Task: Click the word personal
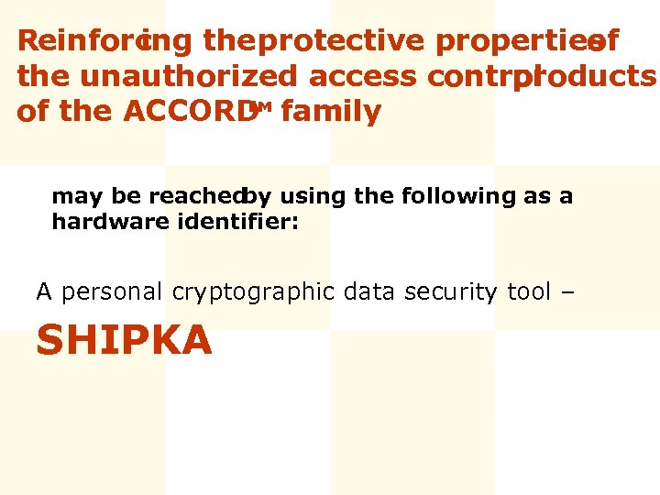coord(110,292)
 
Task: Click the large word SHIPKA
coord(124,341)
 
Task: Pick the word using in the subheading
coord(308,196)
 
